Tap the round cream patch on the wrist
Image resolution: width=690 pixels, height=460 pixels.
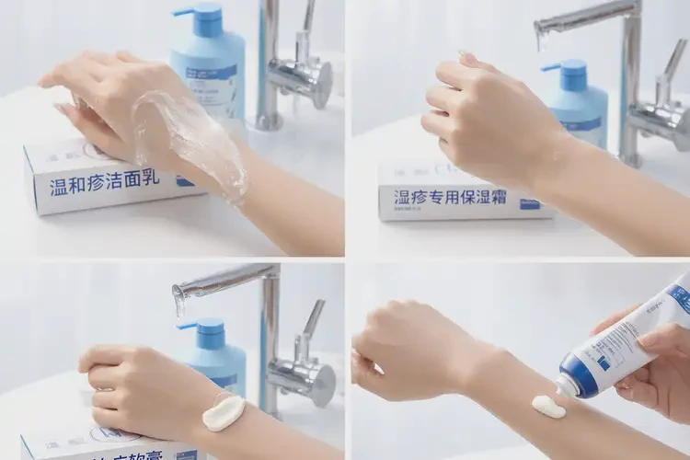(224, 410)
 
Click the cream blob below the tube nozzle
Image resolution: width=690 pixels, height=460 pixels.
(549, 406)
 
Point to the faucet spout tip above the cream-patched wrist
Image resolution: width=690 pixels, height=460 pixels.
(179, 299)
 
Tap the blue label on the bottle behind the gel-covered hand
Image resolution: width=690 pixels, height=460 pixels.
(214, 73)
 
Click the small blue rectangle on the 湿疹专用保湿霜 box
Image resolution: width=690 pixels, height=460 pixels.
(530, 203)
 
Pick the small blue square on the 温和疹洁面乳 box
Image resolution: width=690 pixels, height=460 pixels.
(186, 181)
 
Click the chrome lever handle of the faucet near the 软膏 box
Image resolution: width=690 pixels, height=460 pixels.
(313, 317)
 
